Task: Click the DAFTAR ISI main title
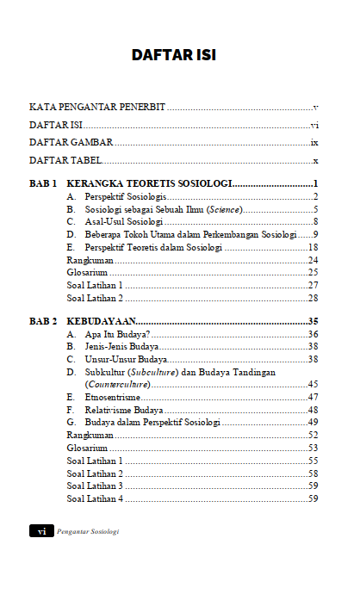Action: tap(180, 55)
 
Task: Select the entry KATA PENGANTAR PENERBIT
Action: tap(96, 108)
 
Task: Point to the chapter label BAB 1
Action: tap(43, 184)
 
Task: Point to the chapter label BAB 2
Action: tap(43, 321)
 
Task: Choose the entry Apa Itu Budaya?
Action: tap(118, 334)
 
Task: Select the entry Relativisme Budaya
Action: tap(124, 410)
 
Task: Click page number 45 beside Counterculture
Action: tap(313, 384)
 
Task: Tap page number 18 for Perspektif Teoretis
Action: tap(313, 247)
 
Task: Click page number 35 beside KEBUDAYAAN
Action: tap(313, 321)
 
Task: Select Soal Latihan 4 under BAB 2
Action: tap(95, 498)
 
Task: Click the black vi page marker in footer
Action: tap(40, 531)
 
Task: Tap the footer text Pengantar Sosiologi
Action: tap(87, 531)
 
